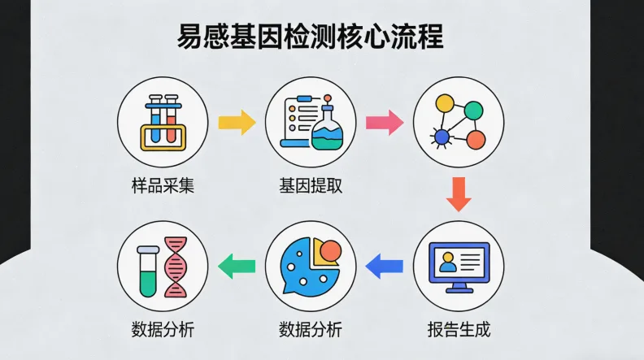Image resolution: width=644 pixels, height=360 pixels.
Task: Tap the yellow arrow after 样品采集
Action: pos(237,123)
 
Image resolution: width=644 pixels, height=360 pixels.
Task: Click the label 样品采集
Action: pos(163,186)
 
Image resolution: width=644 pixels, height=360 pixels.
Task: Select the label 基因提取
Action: pos(311,186)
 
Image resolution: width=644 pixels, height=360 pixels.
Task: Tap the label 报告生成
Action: pos(459,330)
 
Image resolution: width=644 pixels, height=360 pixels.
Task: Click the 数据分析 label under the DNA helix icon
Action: pos(163,330)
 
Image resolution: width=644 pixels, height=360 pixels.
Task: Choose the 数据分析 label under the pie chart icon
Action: pos(311,330)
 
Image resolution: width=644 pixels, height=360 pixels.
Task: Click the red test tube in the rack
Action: pos(172,119)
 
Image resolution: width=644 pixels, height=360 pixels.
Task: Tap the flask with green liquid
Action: pos(327,129)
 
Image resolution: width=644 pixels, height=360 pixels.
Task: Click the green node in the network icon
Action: pos(473,109)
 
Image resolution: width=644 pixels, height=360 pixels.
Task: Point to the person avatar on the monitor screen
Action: pos(446,262)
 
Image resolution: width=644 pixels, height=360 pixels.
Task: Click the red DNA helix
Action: pos(176,266)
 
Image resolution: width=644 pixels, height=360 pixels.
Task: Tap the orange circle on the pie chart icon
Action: pos(330,252)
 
